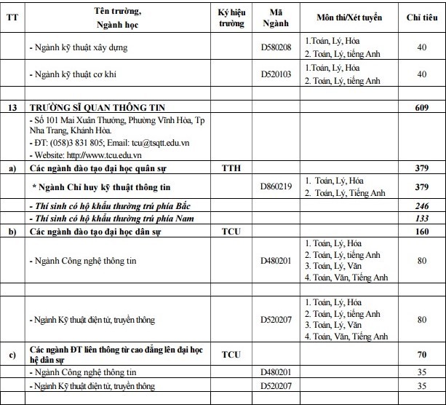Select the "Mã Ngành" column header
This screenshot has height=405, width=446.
click(276, 17)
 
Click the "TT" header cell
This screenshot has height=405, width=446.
click(12, 17)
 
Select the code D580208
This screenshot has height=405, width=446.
click(276, 48)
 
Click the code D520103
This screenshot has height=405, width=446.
click(276, 74)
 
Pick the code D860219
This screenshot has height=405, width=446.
click(276, 186)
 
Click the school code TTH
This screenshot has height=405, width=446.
click(231, 168)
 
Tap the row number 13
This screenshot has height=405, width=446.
click(12, 106)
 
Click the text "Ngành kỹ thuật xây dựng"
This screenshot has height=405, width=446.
click(79, 48)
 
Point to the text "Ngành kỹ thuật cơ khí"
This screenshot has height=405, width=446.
click(73, 74)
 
